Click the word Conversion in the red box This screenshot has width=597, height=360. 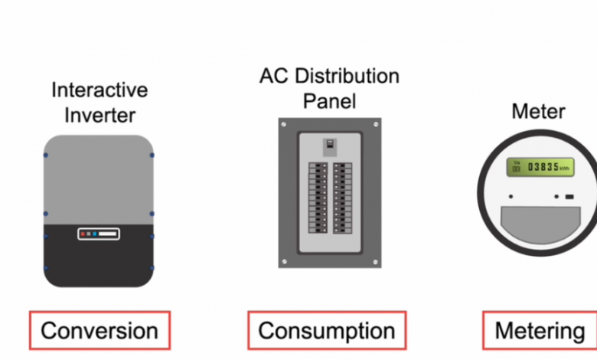coord(99,331)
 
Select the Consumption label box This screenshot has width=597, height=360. coord(326,331)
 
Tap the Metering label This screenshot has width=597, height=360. coord(540,331)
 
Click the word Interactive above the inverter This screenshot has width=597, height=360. coord(99,90)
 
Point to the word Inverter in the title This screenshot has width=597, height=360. coord(99,115)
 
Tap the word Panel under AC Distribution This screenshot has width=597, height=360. coord(330,100)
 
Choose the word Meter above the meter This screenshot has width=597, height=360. coord(538,112)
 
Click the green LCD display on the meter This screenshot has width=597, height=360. coord(540,167)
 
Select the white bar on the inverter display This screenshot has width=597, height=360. coord(107,234)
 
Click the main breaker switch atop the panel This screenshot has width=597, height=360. coord(330,146)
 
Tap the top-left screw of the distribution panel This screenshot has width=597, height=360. coord(285,125)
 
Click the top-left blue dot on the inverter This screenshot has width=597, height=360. coord(45,155)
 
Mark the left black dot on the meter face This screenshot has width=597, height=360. coord(511,198)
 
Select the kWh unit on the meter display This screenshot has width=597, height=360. coord(564,169)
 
